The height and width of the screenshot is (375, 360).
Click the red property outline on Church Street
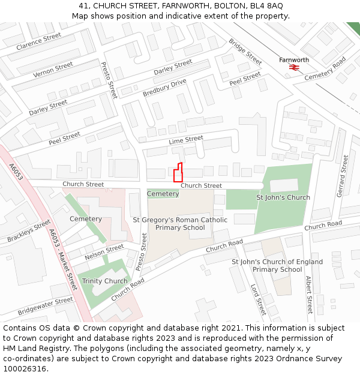pos(178,173)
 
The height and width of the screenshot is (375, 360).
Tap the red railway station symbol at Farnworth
pos(294,68)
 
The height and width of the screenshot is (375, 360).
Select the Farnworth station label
pos(294,60)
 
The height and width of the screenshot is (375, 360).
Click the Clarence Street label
pos(39,41)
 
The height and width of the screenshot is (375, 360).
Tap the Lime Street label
pos(186,140)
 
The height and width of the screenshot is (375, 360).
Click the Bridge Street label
pos(245,52)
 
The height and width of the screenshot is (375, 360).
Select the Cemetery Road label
pos(325,68)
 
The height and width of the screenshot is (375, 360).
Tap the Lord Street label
pos(258,299)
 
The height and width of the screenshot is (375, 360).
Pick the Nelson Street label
pos(104,252)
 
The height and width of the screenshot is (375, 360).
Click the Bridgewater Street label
pos(46,306)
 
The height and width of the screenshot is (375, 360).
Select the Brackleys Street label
pos(29,231)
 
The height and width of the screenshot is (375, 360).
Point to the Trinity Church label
pos(105,281)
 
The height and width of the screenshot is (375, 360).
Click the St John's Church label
pos(283,197)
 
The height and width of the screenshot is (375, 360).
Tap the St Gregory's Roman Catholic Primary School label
pos(180,224)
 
